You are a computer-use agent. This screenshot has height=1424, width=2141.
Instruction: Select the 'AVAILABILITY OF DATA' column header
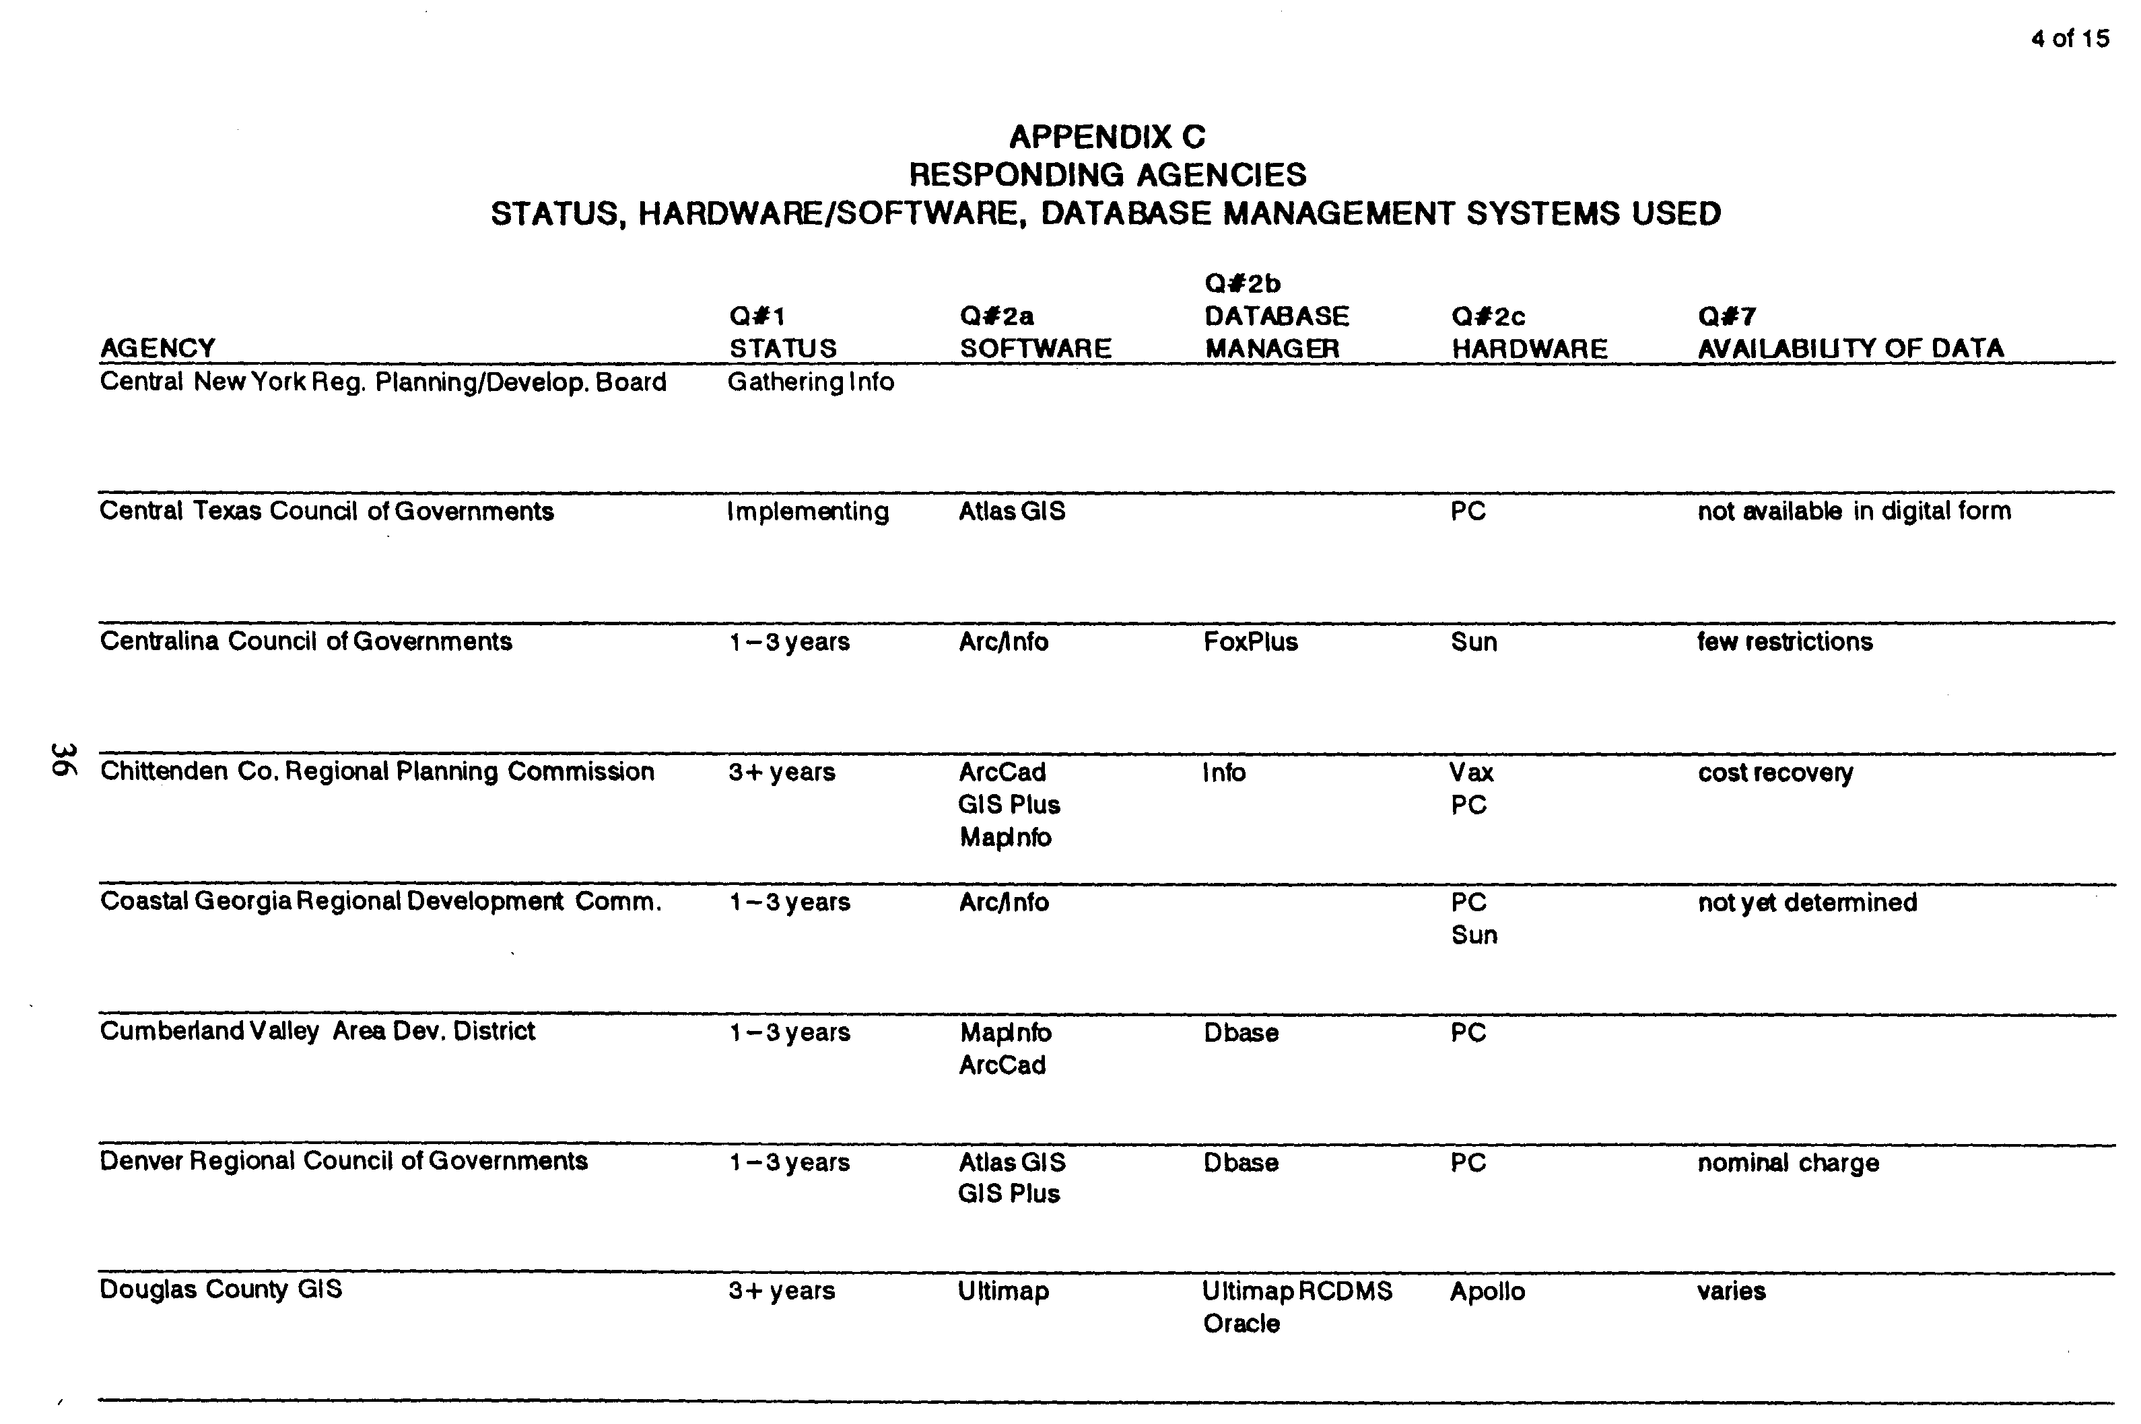[x=1850, y=349]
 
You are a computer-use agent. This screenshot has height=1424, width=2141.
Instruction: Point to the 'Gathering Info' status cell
[x=810, y=382]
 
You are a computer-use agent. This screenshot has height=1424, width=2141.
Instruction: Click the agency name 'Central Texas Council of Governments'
[x=326, y=511]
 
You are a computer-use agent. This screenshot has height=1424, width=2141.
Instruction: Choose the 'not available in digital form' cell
[x=1854, y=511]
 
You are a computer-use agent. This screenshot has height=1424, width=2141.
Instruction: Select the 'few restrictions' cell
[x=1785, y=642]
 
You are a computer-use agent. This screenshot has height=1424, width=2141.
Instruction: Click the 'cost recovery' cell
[x=1775, y=773]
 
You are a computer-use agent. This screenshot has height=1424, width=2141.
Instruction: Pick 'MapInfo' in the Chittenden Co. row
[x=1005, y=837]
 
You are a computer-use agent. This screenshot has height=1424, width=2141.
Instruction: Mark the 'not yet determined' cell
[x=1807, y=902]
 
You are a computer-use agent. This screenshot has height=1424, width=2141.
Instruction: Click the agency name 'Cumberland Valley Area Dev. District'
[x=317, y=1032]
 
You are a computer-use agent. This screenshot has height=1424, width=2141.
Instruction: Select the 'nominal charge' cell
[x=1788, y=1164]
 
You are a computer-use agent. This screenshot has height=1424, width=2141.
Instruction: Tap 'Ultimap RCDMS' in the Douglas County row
[x=1296, y=1291]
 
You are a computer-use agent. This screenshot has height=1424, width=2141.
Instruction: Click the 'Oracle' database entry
[x=1241, y=1324]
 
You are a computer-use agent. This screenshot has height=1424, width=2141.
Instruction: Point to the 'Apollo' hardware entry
[x=1487, y=1291]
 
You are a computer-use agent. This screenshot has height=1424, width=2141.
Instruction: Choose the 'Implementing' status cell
[x=807, y=512]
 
